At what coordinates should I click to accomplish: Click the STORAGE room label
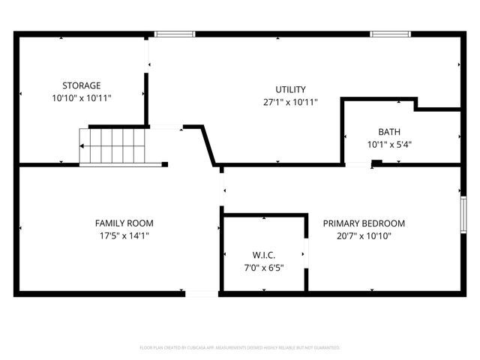[x=81, y=85]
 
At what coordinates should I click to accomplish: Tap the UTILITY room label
[x=290, y=90]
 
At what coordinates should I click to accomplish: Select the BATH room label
[x=389, y=131]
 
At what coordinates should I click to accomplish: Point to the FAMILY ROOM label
[x=124, y=223]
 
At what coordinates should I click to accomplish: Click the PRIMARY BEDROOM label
[x=364, y=223]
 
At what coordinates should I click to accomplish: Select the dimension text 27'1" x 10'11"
[x=291, y=103]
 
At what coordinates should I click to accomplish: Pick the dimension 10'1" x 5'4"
[x=390, y=144]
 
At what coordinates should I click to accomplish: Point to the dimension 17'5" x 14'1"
[x=124, y=236]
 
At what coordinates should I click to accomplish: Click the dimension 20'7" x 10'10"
[x=364, y=236]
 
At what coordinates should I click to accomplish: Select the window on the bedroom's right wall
[x=463, y=214]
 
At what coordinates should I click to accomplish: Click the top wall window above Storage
[x=175, y=34]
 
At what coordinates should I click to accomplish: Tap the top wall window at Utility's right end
[x=389, y=34]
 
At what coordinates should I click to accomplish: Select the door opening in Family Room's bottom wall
[x=201, y=293]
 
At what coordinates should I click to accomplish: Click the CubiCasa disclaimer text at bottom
[x=240, y=348]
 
